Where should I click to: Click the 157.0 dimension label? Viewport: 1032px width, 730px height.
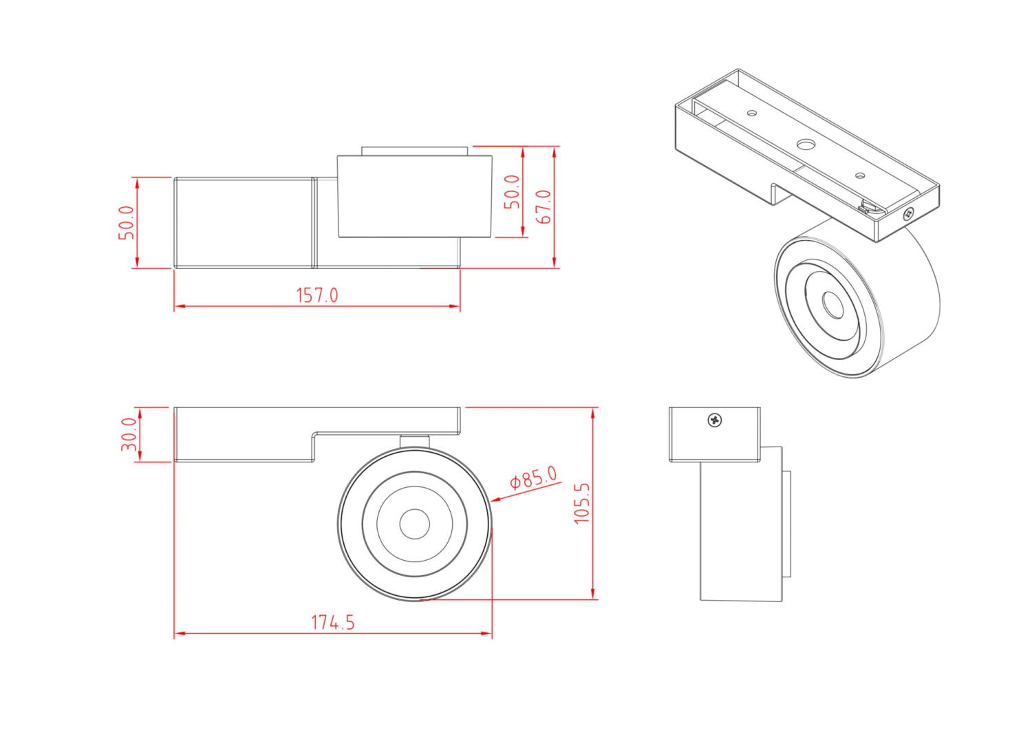pos(317,295)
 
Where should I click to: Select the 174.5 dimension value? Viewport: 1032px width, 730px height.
pos(333,623)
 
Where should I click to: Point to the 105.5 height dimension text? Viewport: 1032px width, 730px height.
pos(582,503)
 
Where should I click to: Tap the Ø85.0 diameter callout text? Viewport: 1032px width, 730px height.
pos(533,477)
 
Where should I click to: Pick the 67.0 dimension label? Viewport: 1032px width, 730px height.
pos(544,206)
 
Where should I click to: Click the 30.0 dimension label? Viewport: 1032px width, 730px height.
pos(129,434)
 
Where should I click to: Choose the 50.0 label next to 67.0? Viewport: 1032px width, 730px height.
pos(512,192)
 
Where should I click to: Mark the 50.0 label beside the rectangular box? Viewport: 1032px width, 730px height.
pos(127,222)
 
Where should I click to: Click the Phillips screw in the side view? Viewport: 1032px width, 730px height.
pos(716,419)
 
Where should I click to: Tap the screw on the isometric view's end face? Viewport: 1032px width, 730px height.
pos(909,214)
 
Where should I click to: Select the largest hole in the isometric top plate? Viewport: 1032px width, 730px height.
pos(805,144)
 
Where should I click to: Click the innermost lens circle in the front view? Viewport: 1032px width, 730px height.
pos(415,524)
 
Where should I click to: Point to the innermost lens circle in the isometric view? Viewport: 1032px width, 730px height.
pos(833,305)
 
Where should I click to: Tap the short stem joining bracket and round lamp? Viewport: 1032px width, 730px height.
pos(415,441)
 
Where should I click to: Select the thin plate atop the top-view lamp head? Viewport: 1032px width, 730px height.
pos(415,151)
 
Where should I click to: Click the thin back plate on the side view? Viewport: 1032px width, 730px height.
pos(786,524)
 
